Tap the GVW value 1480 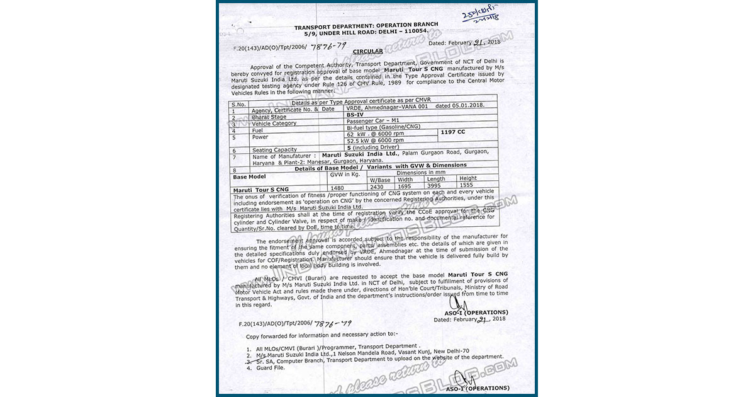337,188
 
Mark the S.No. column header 238,104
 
